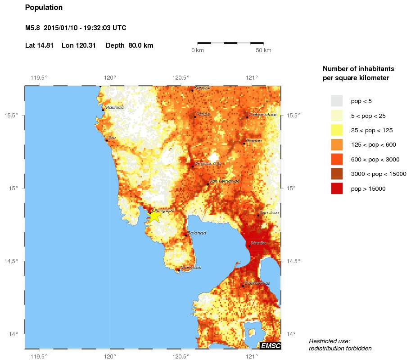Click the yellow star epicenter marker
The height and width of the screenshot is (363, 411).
coord(154,216)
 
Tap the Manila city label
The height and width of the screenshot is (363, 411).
coord(258,243)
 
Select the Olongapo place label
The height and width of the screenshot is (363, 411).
coord(163,210)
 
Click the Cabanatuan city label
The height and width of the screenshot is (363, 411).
coord(263,115)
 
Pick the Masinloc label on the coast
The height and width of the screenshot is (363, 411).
coord(114,108)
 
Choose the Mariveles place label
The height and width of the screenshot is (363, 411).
coord(190,268)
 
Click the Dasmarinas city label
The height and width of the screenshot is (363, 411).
coord(257,283)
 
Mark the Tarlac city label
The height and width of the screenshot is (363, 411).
coord(203,114)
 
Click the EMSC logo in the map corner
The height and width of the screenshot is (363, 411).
coord(270,345)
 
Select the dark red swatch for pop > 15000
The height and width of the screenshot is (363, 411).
coord(337,189)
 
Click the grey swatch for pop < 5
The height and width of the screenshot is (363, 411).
coord(337,101)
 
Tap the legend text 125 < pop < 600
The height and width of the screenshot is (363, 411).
coord(373,145)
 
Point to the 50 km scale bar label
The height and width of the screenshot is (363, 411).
coord(263,50)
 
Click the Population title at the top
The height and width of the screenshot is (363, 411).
coord(44,8)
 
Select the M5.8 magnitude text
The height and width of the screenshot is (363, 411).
coord(34,28)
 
